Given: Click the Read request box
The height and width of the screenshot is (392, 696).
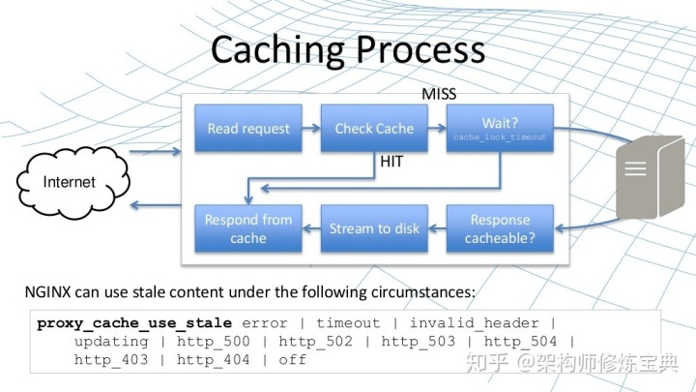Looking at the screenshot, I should [x=248, y=129].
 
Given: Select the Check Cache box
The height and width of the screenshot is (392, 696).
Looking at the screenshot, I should [x=374, y=129].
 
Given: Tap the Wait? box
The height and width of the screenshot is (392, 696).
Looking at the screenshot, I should [x=500, y=129].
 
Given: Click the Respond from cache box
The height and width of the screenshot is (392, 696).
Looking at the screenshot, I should [x=248, y=228].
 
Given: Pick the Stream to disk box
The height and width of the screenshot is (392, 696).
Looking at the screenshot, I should [x=374, y=228].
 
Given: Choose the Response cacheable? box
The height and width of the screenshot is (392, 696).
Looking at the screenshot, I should [x=500, y=228].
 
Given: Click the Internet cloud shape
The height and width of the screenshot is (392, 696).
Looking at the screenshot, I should [x=70, y=182].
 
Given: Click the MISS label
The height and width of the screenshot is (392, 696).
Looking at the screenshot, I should [x=439, y=94].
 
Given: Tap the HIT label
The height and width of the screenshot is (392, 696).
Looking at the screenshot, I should [x=391, y=163].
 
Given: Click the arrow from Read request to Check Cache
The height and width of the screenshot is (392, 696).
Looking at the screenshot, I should [x=311, y=129].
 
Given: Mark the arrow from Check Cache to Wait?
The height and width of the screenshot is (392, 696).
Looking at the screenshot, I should [x=437, y=129].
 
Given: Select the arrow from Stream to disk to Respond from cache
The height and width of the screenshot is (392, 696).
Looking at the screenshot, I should [x=311, y=228].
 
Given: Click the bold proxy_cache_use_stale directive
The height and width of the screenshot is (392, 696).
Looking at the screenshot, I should [x=134, y=322].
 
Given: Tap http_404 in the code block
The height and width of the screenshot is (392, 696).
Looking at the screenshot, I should [x=214, y=359].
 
